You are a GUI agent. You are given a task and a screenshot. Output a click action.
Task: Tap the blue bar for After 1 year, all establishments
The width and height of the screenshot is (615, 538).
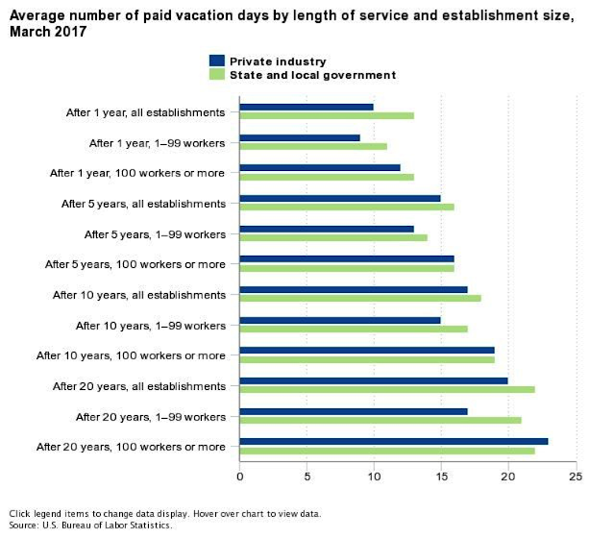click(x=307, y=107)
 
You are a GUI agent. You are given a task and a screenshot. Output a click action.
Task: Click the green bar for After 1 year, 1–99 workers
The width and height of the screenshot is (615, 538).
click(x=313, y=147)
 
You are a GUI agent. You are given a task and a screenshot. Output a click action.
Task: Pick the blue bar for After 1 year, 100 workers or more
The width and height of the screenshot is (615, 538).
click(x=320, y=167)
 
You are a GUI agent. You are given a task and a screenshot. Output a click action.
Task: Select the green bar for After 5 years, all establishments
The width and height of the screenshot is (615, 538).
click(x=347, y=207)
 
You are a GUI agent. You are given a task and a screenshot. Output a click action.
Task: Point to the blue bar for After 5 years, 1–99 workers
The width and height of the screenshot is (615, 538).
click(x=327, y=229)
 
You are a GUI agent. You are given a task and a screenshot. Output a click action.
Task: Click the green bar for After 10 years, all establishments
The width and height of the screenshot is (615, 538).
click(x=360, y=298)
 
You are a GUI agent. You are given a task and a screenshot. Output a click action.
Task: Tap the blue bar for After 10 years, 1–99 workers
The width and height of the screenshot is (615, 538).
click(x=340, y=320)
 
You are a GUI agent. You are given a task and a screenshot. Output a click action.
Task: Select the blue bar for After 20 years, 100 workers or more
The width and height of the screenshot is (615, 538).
click(x=394, y=441)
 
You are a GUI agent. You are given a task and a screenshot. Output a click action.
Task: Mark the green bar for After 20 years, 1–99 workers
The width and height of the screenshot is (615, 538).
click(x=381, y=420)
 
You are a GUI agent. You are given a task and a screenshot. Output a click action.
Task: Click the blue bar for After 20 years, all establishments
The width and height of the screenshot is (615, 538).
click(x=374, y=380)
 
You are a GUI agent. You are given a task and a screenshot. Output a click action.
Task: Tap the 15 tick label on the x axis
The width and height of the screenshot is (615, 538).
click(x=440, y=477)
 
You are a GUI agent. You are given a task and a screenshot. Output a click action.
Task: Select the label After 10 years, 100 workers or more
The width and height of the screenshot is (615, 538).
click(x=131, y=355)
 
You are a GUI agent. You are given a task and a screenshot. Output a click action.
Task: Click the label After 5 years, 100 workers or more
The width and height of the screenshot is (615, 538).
click(x=135, y=264)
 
